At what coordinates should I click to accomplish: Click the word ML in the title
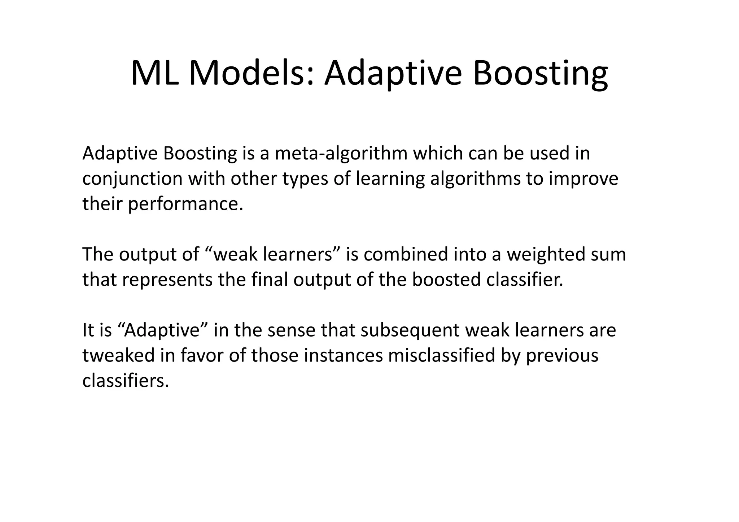(x=154, y=74)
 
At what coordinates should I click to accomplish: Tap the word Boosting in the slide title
(x=540, y=74)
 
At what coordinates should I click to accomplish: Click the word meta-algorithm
(x=341, y=154)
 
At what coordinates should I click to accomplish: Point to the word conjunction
(x=132, y=179)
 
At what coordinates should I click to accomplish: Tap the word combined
(x=406, y=255)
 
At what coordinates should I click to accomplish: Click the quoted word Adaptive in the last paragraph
(x=161, y=330)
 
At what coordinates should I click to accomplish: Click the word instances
(x=343, y=356)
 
